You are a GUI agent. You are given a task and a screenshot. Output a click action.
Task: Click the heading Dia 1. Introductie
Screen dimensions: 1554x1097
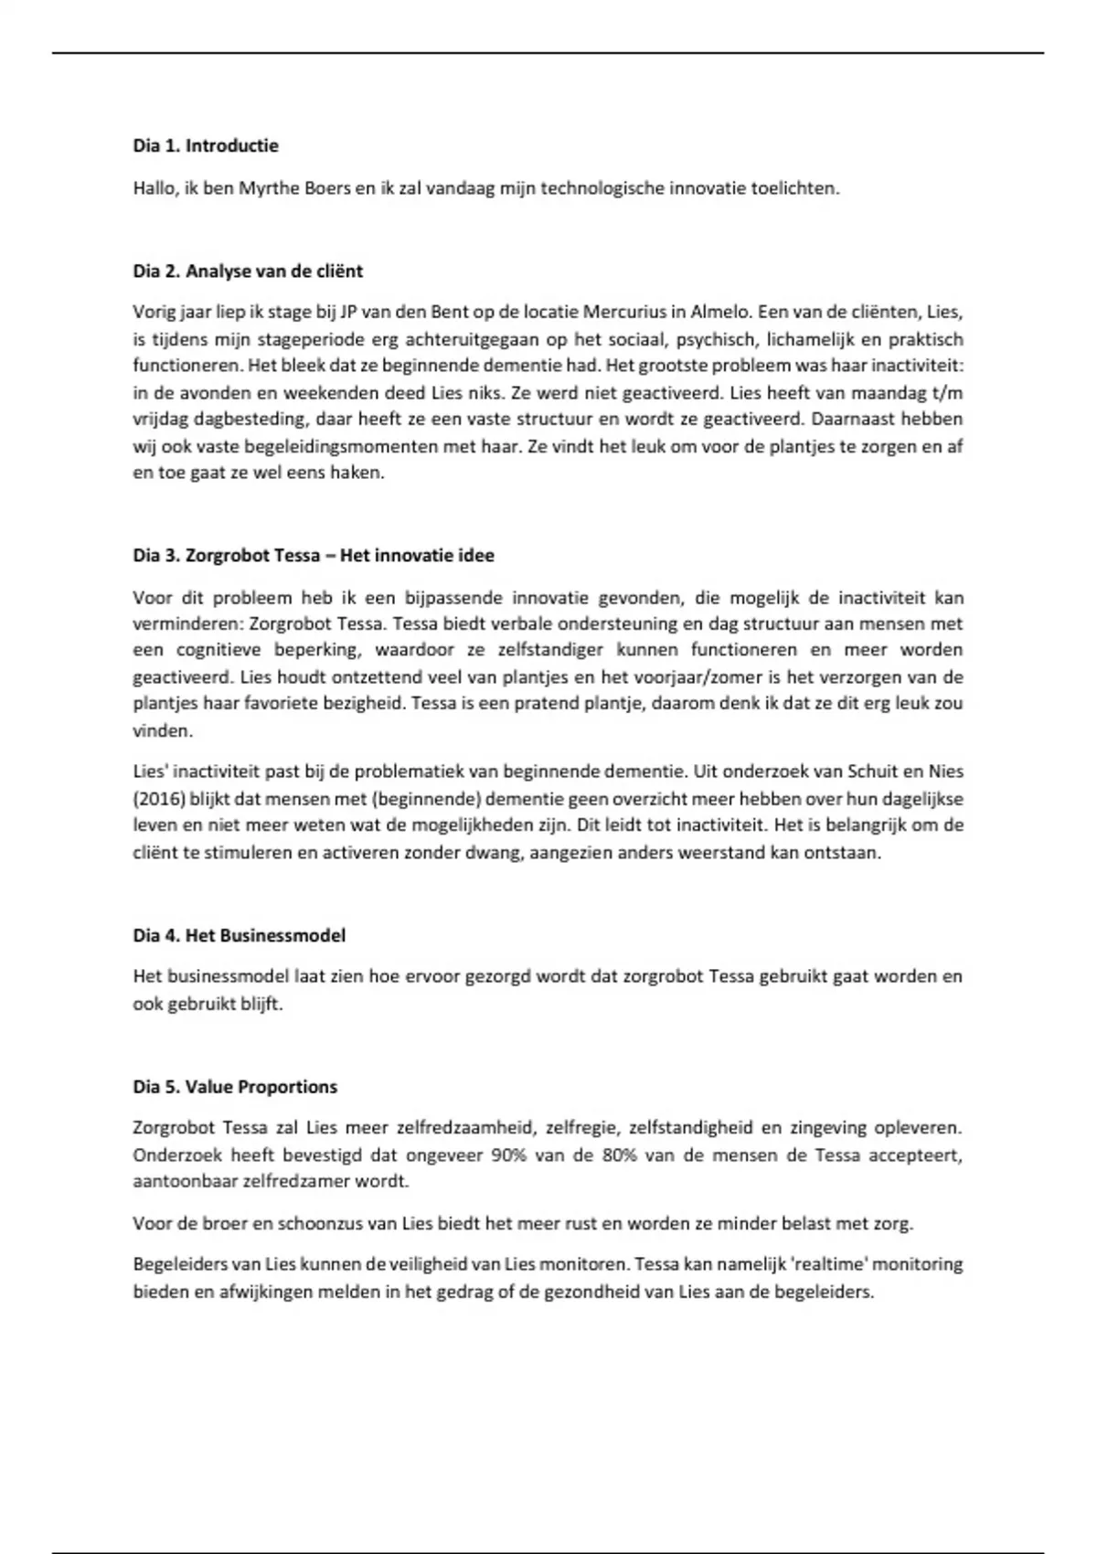point(206,145)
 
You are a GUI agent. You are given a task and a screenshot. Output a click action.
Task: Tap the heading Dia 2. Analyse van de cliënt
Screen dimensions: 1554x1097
point(248,271)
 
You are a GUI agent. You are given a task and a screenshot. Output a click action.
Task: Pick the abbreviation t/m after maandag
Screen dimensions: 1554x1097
point(950,393)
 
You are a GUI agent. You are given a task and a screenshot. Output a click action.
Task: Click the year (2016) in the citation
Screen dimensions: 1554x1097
point(159,799)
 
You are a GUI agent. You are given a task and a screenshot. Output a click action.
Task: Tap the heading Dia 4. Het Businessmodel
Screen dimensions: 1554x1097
point(240,935)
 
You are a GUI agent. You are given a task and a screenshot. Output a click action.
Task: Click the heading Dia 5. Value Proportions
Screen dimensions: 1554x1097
point(235,1087)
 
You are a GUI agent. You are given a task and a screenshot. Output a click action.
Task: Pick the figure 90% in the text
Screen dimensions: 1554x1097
point(509,1155)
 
